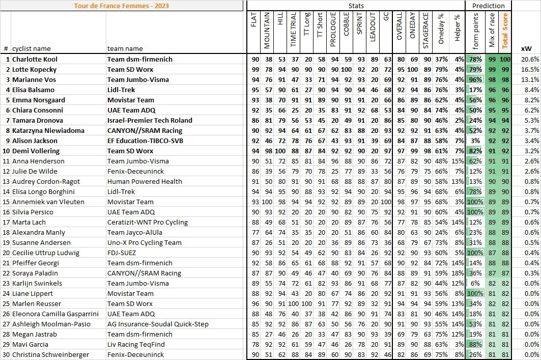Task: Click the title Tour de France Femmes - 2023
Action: coord(122,6)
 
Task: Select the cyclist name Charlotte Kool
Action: coord(41,59)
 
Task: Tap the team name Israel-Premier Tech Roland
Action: coord(150,120)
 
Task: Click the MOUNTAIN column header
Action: coord(267,31)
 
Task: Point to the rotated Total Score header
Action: coord(505,31)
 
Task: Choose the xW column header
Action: coord(527,49)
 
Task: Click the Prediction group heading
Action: coord(489,6)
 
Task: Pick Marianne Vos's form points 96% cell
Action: coord(475,79)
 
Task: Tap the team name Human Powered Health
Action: coord(145,181)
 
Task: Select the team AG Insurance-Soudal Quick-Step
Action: coord(158,324)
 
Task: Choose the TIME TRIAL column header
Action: coord(294,31)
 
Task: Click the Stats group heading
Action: coord(356,6)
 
